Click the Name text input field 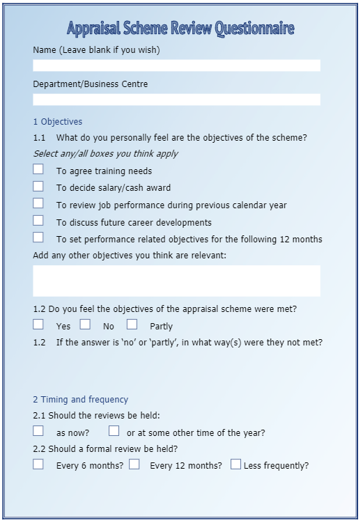[176, 65]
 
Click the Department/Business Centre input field [176, 100]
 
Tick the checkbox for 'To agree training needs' [38, 169]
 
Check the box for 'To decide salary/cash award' [38, 186]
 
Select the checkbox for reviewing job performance [38, 203]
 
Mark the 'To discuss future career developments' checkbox [38, 221]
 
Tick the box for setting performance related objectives [38, 237]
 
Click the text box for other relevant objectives [176, 281]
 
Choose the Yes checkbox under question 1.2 [38, 325]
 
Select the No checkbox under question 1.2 [85, 325]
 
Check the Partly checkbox [132, 325]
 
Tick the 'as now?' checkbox [38, 431]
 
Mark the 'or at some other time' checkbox [114, 431]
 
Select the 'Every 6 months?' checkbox [38, 465]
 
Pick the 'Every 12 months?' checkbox [134, 465]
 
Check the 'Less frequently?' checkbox [235, 465]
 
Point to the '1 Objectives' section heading [57, 122]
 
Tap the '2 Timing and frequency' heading [80, 400]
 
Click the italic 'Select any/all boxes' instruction [105, 154]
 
